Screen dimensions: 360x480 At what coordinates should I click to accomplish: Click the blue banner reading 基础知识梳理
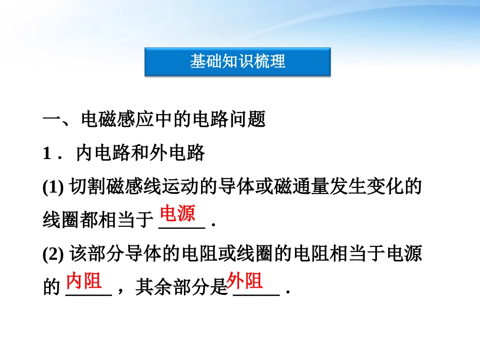(x=237, y=62)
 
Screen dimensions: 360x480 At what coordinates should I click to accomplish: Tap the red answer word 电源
(x=177, y=214)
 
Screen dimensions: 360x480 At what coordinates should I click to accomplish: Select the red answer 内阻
(x=84, y=281)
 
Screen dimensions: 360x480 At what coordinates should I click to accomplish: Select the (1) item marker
(x=53, y=186)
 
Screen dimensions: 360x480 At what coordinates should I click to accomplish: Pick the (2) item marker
(x=53, y=254)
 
